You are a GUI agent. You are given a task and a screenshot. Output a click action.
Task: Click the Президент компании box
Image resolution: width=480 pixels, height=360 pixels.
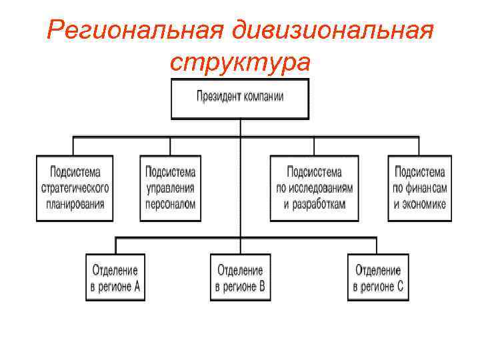pyautogui.click(x=240, y=99)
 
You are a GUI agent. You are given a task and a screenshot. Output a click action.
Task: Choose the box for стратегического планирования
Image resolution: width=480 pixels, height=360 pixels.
pyautogui.click(x=75, y=188)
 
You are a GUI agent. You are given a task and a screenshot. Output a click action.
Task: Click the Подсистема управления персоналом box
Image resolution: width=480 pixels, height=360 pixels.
pyautogui.click(x=170, y=188)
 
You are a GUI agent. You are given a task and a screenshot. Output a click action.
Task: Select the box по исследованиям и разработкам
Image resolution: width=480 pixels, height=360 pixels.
pyautogui.click(x=314, y=188)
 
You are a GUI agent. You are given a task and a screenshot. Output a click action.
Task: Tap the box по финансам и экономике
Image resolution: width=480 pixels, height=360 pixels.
pyautogui.click(x=420, y=188)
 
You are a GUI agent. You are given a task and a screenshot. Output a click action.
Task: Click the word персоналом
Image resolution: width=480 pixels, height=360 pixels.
pyautogui.click(x=170, y=204)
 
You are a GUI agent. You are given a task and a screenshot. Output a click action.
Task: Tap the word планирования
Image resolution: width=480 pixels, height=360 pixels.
pyautogui.click(x=75, y=204)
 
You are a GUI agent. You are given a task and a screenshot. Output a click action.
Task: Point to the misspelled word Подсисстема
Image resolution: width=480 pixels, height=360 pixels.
pyautogui.click(x=314, y=172)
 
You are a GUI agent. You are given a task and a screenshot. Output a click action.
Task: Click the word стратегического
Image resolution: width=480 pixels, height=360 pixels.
pyautogui.click(x=75, y=188)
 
